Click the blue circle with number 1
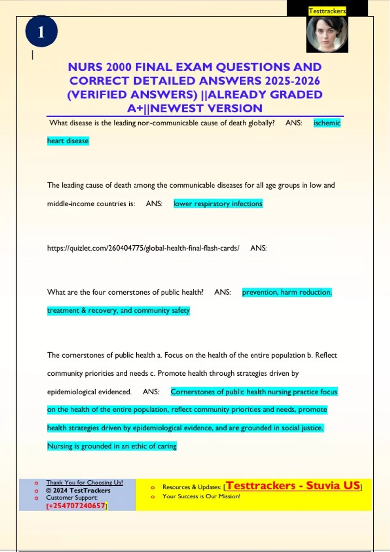pos(41,31)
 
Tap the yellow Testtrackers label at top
pos(327,11)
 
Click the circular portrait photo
pos(327,34)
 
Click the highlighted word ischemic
pos(327,123)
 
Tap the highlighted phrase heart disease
pos(68,141)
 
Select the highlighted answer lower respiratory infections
pos(218,204)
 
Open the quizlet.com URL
pos(143,248)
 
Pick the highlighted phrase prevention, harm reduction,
pos(287,292)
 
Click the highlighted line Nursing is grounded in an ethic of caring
pos(112,446)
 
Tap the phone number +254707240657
pos(77,506)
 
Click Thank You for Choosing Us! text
pos(84,483)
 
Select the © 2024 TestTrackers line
pos(78,490)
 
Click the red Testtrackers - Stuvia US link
pos(293,486)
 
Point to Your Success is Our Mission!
pos(201,496)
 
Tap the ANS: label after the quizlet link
pos(258,248)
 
